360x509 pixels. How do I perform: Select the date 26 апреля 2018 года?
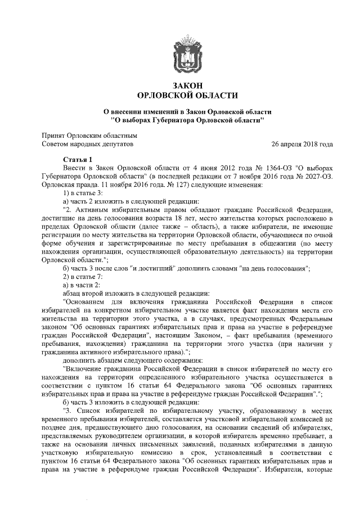pyautogui.click(x=301, y=145)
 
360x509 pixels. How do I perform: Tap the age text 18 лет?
pyautogui.click(x=175, y=217)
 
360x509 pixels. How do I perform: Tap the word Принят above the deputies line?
pyautogui.click(x=53, y=136)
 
